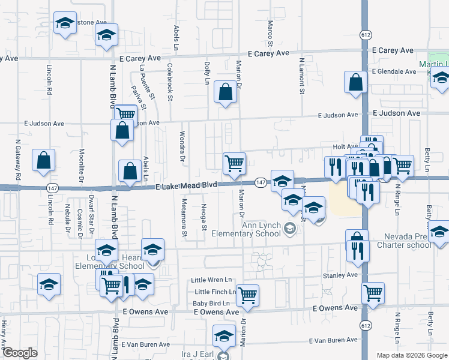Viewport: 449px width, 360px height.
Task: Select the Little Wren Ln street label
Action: click(211, 280)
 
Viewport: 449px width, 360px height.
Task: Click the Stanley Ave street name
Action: click(340, 275)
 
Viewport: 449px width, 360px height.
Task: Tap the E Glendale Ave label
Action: click(393, 71)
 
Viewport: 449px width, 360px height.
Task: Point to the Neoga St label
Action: click(204, 217)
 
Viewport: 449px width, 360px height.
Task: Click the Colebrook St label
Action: click(170, 82)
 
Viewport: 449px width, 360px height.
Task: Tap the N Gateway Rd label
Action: click(18, 161)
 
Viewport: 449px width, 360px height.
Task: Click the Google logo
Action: click(20, 353)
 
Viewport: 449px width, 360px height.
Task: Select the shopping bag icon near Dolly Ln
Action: click(225, 93)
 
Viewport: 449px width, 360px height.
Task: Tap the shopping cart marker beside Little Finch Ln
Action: click(247, 295)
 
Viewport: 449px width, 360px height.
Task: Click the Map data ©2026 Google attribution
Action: click(411, 355)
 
